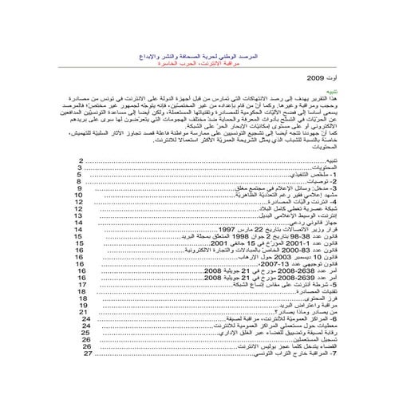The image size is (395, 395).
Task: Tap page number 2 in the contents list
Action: tap(81, 160)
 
